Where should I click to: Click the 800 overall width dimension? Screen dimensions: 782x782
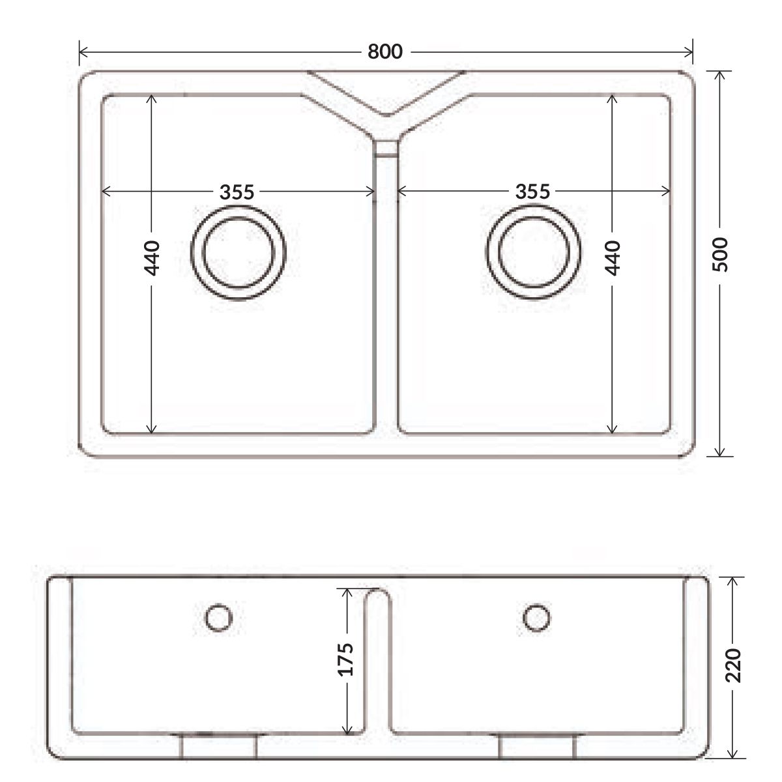coord(384,51)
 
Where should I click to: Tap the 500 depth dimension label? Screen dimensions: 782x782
coord(720,254)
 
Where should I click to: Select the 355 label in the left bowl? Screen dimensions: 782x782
coord(237,192)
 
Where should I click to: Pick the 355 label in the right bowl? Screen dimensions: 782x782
coord(532,191)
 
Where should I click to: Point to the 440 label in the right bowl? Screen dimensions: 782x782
coord(613,258)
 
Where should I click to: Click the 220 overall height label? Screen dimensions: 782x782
coord(733,665)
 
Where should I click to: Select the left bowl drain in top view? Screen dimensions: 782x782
coord(239,252)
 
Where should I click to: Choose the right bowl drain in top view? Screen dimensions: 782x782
coord(533,252)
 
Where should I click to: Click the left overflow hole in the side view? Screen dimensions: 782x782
coord(219,618)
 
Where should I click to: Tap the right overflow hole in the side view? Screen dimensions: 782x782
coord(536,617)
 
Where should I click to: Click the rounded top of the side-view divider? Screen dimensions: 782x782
coord(378,590)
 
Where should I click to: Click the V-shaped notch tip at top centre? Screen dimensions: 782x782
coord(386,115)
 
